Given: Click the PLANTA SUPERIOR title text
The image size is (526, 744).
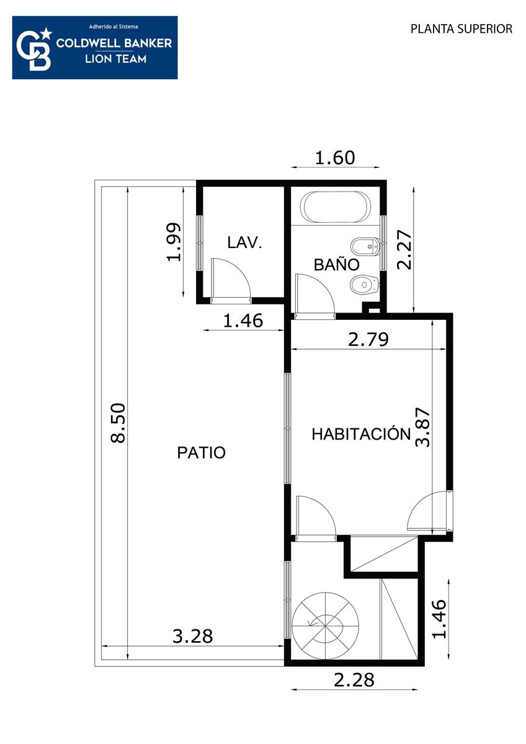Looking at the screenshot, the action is [x=461, y=29].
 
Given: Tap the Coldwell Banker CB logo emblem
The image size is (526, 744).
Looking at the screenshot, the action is [x=34, y=49].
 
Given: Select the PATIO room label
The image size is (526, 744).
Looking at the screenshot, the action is [x=202, y=453].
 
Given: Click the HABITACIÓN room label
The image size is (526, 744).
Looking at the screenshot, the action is [x=361, y=434].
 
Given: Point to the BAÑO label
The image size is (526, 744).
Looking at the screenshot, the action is [x=337, y=264].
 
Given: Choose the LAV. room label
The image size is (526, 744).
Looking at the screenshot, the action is [x=244, y=242].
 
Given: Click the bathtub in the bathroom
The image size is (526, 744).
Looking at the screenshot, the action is [x=336, y=207].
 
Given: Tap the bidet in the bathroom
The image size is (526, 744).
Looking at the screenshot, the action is [x=365, y=247].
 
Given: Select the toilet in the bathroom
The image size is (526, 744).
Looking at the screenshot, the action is [x=365, y=285].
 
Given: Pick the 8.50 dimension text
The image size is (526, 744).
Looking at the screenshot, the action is [x=118, y=423].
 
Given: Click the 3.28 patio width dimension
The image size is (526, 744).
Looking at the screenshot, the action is [x=193, y=636].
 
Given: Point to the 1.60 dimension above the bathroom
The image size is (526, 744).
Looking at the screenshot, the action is [x=335, y=157].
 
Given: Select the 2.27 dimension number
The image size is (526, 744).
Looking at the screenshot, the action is [x=404, y=249].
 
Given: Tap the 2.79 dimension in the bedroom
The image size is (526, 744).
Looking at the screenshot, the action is [x=368, y=340].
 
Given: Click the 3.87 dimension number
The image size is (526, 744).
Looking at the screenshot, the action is [x=423, y=427].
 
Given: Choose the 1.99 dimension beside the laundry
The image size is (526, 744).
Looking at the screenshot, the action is [x=174, y=242].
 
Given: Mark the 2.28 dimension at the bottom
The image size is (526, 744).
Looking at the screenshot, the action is [x=354, y=680].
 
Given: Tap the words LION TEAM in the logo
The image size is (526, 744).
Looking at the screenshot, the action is [x=115, y=59].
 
